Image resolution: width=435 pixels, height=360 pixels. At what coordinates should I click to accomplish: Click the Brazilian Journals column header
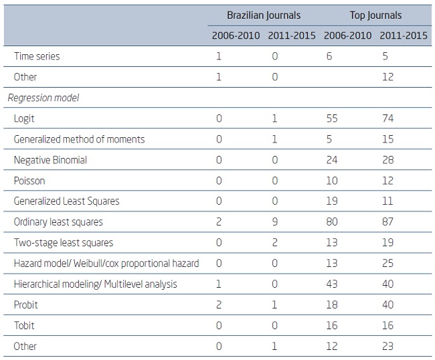pos(263,15)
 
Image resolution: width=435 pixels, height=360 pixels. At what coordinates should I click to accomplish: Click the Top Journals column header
pos(375,15)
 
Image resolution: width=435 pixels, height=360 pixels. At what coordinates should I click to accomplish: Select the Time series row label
pos(37,56)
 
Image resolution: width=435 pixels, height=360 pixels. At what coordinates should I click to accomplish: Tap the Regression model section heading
pos(43,98)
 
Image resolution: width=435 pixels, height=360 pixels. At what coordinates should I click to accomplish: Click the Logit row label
pos(24,118)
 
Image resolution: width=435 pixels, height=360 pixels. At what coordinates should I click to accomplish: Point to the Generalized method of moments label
pos(79,139)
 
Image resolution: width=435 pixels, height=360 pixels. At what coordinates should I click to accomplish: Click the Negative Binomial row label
pos(50,160)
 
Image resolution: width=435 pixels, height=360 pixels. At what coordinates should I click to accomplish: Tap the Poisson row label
pos(29,181)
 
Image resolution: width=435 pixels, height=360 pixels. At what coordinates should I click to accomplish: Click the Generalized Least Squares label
pos(66,201)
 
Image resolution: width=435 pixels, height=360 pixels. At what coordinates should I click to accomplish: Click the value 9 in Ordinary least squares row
pos(274,222)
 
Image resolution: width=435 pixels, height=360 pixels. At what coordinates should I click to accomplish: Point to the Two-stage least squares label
pos(64,243)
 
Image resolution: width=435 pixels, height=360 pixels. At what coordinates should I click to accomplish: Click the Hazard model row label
pos(106,264)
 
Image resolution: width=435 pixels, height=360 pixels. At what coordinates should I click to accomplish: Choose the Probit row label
pos(25,305)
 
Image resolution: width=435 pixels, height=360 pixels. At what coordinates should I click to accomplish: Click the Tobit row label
pos(24,326)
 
